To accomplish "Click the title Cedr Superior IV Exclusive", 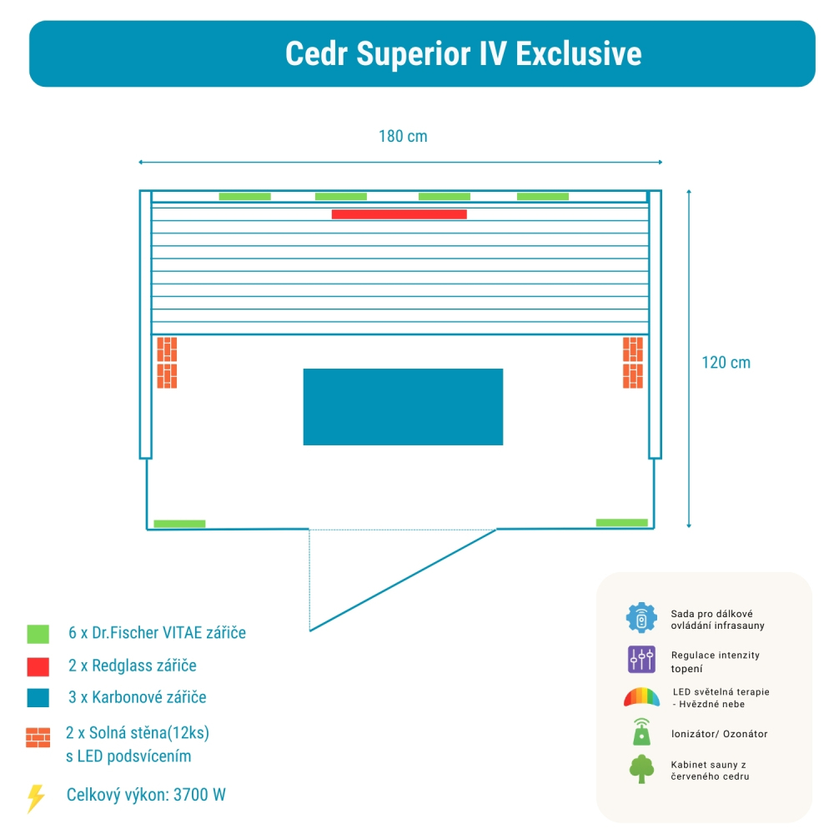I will tap(463, 53).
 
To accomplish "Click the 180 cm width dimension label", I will tap(403, 136).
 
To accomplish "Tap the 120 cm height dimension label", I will tap(725, 363).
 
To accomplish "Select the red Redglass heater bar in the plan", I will tap(399, 214).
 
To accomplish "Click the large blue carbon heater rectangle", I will tap(403, 407).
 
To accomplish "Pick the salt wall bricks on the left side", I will tap(167, 363).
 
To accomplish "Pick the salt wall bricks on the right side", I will tap(633, 363).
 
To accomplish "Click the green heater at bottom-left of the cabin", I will tap(179, 524).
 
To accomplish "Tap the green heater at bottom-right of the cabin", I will tap(621, 523).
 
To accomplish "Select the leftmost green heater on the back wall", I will tap(244, 197).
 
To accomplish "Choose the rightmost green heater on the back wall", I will tap(542, 197).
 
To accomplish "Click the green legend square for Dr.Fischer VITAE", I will tap(38, 634).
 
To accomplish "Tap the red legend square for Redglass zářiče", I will tap(38, 666).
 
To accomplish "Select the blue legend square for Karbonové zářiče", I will tap(38, 697).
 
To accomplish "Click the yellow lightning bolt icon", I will tap(36, 798).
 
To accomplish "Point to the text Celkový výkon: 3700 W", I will tap(146, 795).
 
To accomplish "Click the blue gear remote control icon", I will tap(641, 618).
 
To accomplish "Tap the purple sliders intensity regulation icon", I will tap(641, 660).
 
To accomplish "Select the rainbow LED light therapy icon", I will tap(641, 696).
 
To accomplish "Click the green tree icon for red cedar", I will tap(641, 769).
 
